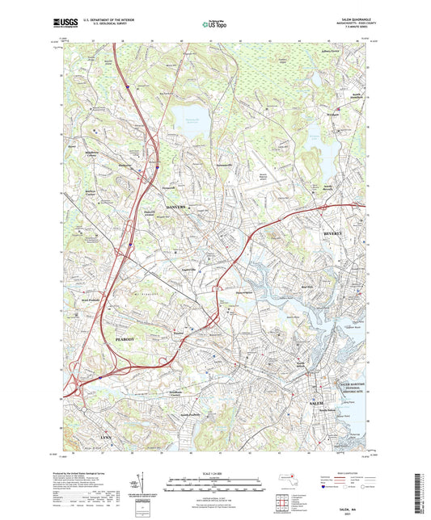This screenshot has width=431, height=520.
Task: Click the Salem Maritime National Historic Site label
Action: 352,392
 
